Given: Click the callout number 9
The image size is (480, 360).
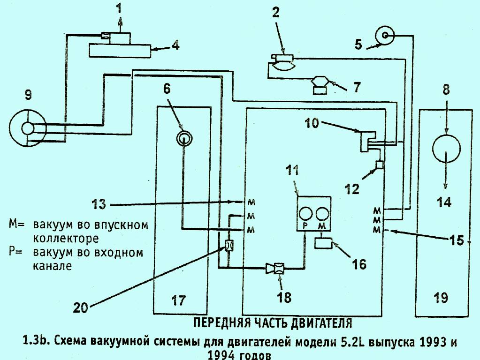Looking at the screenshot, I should (29, 96).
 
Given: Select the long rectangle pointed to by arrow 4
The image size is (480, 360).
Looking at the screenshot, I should (120, 50).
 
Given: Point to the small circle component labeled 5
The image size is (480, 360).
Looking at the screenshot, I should (386, 36).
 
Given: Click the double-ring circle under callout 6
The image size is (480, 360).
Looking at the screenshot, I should (184, 138).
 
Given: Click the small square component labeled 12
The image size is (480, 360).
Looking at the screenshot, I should (380, 165).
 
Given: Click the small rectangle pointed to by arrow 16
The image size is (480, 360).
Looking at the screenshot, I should (323, 243).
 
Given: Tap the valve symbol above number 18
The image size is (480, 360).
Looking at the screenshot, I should (277, 269).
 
